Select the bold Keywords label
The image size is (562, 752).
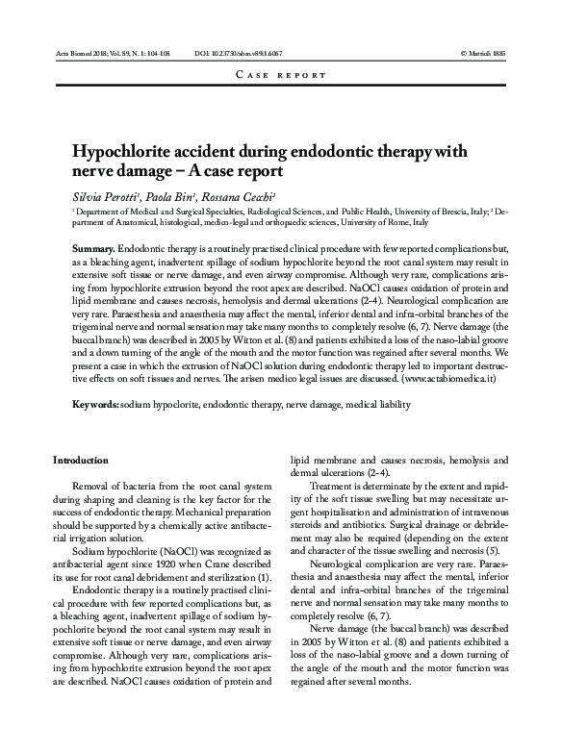(x=96, y=405)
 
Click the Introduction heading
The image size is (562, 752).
(x=81, y=461)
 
